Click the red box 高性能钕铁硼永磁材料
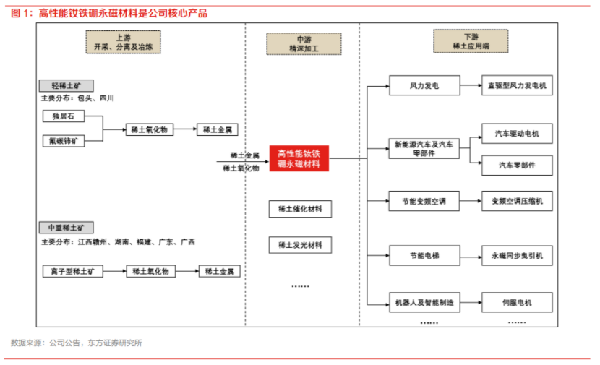[299, 159]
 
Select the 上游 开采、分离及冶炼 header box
[124, 43]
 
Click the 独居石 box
[64, 116]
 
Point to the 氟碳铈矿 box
[64, 141]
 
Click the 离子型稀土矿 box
[72, 271]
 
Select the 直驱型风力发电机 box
[517, 86]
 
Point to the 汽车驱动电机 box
[517, 134]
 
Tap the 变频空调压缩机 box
[517, 201]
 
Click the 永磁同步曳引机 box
[517, 255]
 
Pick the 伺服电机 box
[517, 302]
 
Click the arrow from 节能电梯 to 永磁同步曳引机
[470, 255]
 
